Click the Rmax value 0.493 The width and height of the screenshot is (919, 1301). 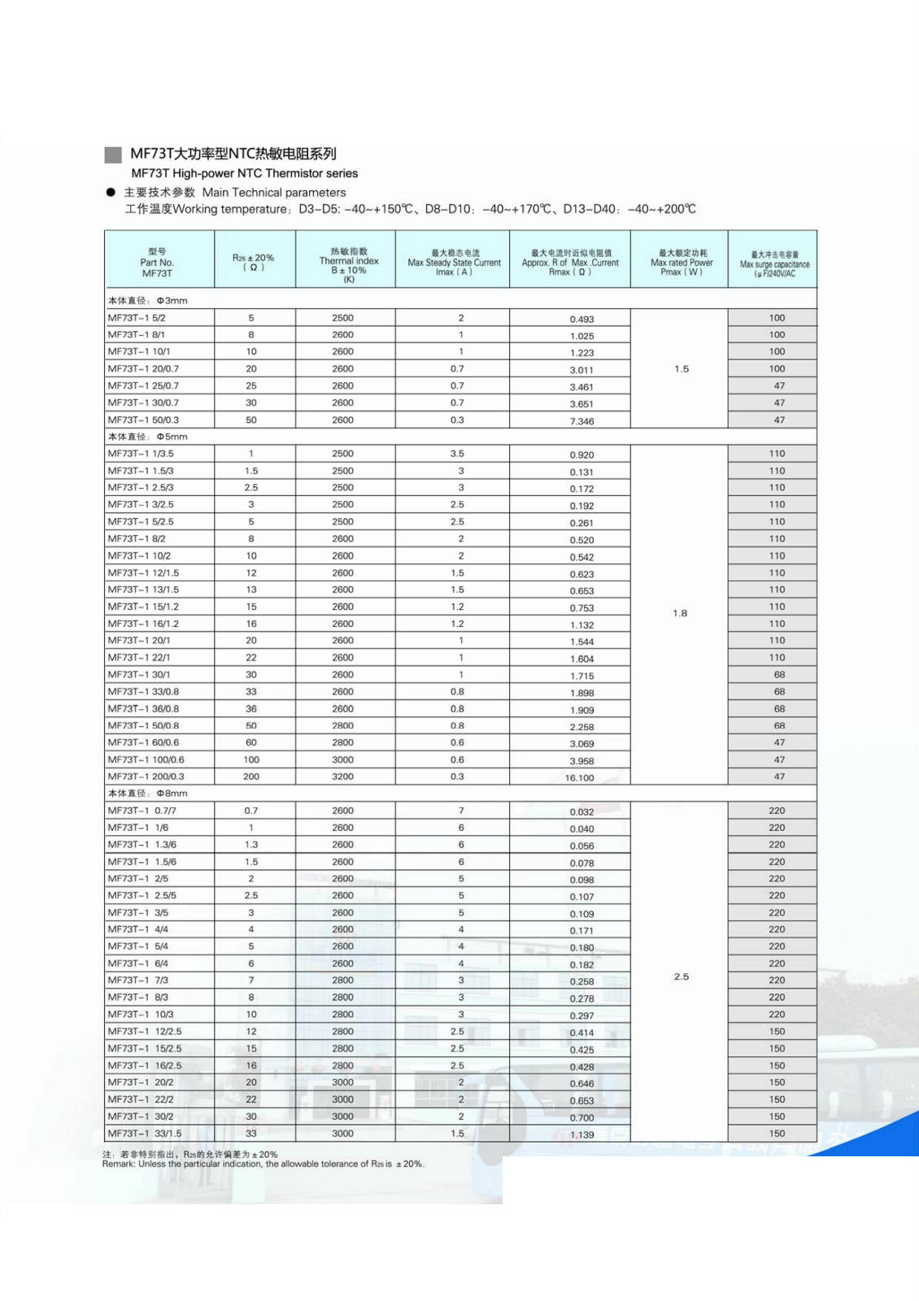(581, 319)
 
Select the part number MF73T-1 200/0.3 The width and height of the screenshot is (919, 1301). (146, 777)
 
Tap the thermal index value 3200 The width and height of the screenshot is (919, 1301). (342, 777)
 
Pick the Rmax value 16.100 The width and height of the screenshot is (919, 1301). (579, 778)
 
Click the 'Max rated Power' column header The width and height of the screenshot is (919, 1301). (682, 262)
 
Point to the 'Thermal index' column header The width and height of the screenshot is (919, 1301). (349, 261)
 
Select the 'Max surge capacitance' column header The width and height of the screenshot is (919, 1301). (774, 263)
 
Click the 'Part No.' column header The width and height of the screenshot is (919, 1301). (157, 262)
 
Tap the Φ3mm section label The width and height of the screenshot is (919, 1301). (148, 300)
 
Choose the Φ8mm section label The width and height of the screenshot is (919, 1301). (148, 793)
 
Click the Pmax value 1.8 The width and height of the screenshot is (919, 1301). (680, 613)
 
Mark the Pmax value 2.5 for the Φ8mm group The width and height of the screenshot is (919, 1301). (682, 977)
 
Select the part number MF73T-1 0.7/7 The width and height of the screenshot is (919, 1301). (142, 811)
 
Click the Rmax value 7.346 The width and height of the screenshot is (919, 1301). (581, 421)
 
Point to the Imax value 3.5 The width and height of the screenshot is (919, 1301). (457, 454)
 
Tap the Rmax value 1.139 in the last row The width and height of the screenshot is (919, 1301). (581, 1134)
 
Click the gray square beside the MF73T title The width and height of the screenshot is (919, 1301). (113, 154)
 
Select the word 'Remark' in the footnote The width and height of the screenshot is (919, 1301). (119, 1164)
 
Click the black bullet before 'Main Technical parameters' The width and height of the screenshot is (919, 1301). (111, 193)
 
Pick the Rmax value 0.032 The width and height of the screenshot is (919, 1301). (581, 811)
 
